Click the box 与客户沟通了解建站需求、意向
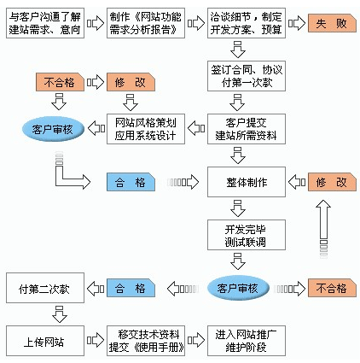45,23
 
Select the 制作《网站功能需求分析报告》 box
146,23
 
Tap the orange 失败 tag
332,23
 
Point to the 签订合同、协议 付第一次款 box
247,76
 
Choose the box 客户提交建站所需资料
247,129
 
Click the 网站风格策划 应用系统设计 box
146,129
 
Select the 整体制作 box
247,182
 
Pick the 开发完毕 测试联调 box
247,235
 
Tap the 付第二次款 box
45,288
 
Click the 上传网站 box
45,341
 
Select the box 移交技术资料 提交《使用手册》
146,341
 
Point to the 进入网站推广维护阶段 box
247,341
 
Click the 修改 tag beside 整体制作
332,182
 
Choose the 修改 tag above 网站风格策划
131,82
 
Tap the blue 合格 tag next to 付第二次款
131,288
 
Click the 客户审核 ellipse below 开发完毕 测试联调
238,288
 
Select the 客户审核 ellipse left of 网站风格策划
53,129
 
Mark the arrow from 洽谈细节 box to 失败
297,23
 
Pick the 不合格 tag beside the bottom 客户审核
332,288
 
